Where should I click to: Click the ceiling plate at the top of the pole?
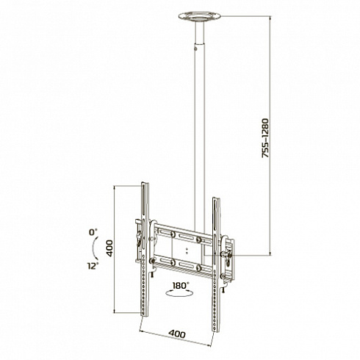click(199, 17)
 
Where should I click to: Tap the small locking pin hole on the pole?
click(195, 48)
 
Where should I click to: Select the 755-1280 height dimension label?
click(265, 138)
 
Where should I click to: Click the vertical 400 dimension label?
click(109, 248)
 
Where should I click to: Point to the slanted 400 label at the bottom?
click(177, 334)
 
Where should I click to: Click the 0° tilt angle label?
click(93, 231)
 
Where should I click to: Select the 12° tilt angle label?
click(93, 266)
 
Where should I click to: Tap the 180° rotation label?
click(181, 286)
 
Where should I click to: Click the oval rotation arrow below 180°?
click(179, 293)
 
